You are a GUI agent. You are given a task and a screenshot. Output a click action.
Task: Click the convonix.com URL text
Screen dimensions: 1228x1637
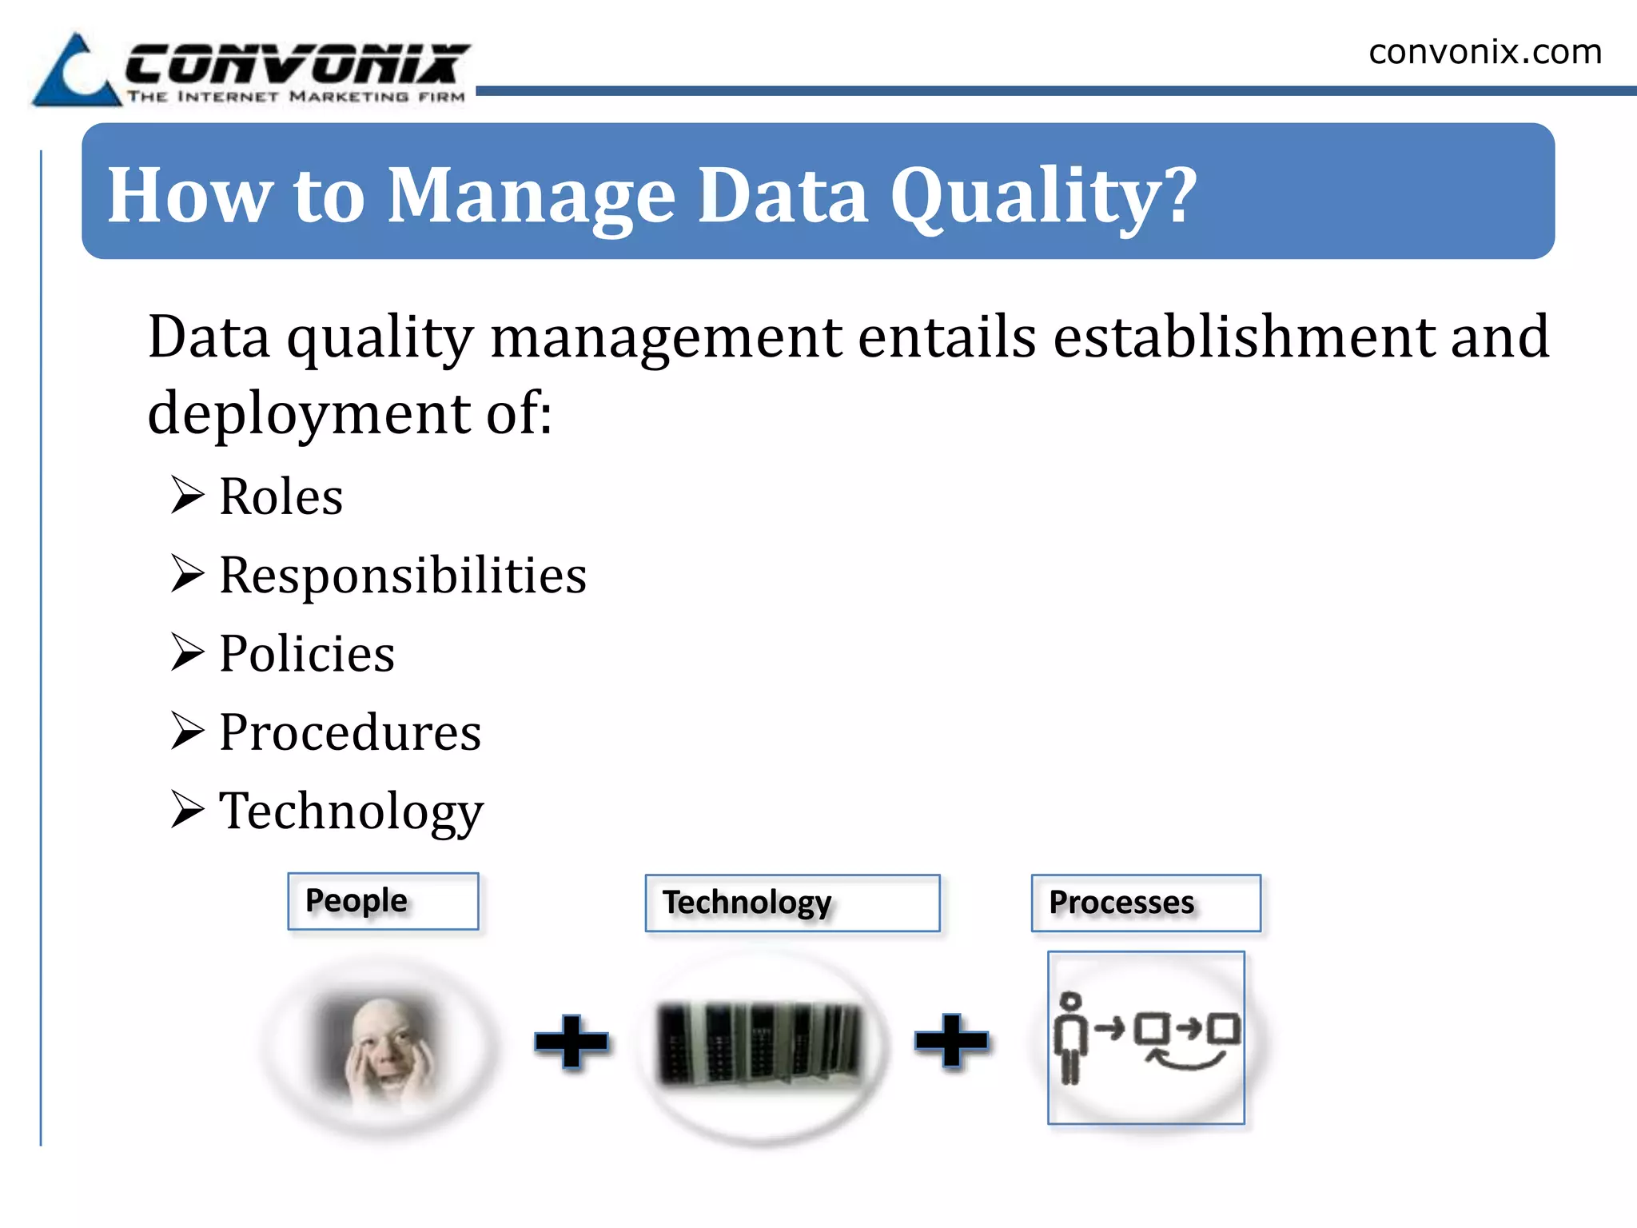pyautogui.click(x=1484, y=53)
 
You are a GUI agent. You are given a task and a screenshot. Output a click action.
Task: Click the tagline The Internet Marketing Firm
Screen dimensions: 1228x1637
pyautogui.click(x=297, y=97)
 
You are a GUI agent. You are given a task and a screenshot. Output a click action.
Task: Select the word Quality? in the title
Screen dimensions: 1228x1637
pyautogui.click(x=1043, y=196)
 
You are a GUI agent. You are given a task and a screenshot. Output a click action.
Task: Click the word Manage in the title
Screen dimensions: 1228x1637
pyautogui.click(x=532, y=196)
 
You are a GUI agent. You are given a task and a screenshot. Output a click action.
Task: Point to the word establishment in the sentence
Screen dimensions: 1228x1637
pyautogui.click(x=1244, y=337)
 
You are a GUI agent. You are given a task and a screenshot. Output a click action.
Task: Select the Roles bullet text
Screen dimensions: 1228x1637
pyautogui.click(x=281, y=496)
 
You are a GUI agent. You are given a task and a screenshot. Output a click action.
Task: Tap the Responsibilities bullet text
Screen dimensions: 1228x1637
pyautogui.click(x=403, y=575)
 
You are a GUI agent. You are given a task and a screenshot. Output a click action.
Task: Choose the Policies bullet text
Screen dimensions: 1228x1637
pyautogui.click(x=307, y=653)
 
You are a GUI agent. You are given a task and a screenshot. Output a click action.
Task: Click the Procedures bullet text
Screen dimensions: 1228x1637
pyautogui.click(x=350, y=732)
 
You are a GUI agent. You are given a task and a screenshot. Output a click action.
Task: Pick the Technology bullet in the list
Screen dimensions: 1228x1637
pyautogui.click(x=351, y=811)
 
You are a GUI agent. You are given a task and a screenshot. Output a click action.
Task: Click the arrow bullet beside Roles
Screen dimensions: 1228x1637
pyautogui.click(x=187, y=495)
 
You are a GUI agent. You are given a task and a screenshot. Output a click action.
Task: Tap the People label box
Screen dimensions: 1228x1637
pyautogui.click(x=383, y=901)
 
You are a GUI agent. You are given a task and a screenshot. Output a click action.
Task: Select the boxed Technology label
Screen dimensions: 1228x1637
pyautogui.click(x=792, y=903)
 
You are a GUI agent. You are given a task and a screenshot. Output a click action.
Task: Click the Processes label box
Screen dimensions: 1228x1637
pyautogui.click(x=1145, y=903)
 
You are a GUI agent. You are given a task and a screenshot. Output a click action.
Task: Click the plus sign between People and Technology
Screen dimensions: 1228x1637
pyautogui.click(x=571, y=1041)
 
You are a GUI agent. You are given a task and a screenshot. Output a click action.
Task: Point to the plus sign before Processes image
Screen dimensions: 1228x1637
pyautogui.click(x=951, y=1040)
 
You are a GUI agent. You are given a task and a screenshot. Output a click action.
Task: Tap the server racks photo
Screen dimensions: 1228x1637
pyautogui.click(x=760, y=1043)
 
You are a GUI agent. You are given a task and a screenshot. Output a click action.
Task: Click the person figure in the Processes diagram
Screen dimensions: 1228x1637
pyautogui.click(x=1070, y=1037)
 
